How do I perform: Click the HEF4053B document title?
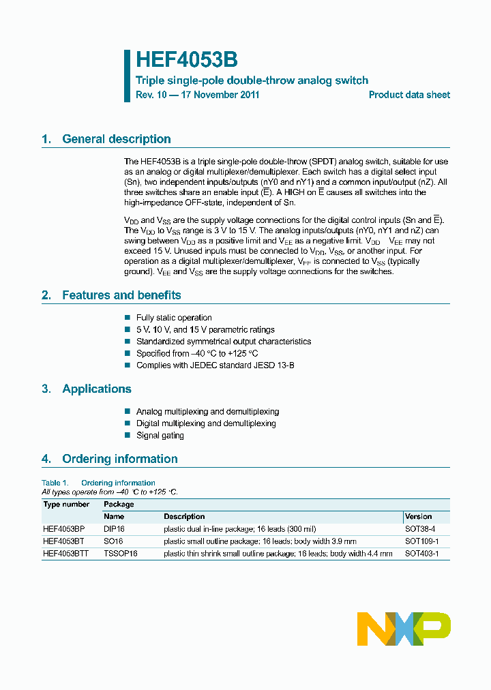pyautogui.click(x=186, y=60)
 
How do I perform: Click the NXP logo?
pyautogui.click(x=404, y=628)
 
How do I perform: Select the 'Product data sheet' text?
pyautogui.click(x=409, y=95)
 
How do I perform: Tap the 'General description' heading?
pyautogui.click(x=116, y=139)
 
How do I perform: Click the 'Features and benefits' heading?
pyautogui.click(x=121, y=295)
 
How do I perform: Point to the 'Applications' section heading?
pyautogui.click(x=96, y=389)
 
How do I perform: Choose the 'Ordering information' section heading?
pyautogui.click(x=119, y=459)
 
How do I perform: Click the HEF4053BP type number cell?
pyautogui.click(x=64, y=529)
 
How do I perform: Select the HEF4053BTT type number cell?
pyautogui.click(x=66, y=554)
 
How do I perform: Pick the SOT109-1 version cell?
pyautogui.click(x=421, y=541)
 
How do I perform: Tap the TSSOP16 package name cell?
pyautogui.click(x=121, y=554)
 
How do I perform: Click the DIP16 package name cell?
pyautogui.click(x=114, y=529)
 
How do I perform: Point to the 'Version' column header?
pyautogui.click(x=418, y=517)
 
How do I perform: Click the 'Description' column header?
pyautogui.click(x=184, y=517)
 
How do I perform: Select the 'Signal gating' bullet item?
pyautogui.click(x=160, y=436)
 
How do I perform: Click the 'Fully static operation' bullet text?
pyautogui.click(x=174, y=318)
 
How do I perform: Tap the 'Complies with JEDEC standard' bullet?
pyautogui.click(x=215, y=365)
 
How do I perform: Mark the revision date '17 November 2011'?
pyautogui.click(x=220, y=95)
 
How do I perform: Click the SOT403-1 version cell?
pyautogui.click(x=421, y=554)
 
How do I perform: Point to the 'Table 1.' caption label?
pyautogui.click(x=55, y=483)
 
